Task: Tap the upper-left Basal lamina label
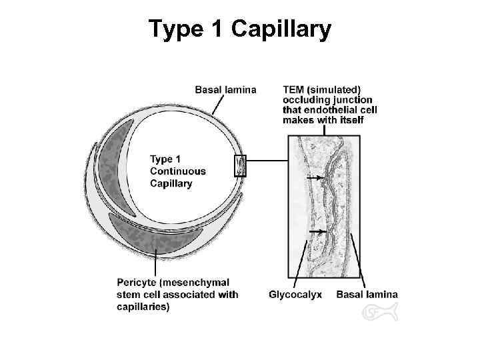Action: [225, 89]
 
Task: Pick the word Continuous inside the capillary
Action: [178, 171]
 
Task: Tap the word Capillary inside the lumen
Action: [171, 183]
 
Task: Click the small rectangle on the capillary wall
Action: [240, 165]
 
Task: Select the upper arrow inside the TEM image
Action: [313, 177]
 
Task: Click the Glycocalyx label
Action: [295, 294]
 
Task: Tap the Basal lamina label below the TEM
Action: [367, 294]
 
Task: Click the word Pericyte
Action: [132, 283]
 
